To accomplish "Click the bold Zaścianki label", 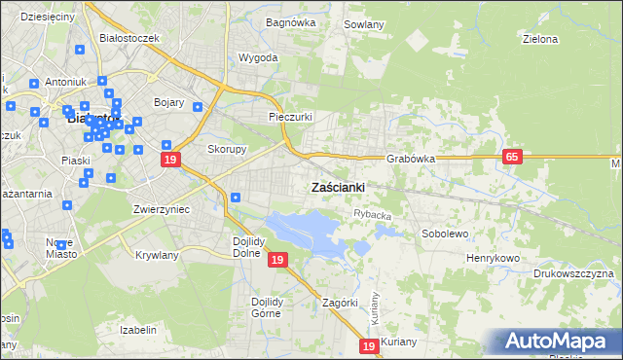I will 338,187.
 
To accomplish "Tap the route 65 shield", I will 514,157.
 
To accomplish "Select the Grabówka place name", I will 409,158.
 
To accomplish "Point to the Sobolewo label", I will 445,234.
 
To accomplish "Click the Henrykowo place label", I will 494,257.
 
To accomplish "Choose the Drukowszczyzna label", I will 574,273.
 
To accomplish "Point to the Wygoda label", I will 258,57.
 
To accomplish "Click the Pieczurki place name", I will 290,117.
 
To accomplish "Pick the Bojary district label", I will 169,101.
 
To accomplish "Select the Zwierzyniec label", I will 161,209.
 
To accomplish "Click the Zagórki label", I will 341,303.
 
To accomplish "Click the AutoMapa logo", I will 556,341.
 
